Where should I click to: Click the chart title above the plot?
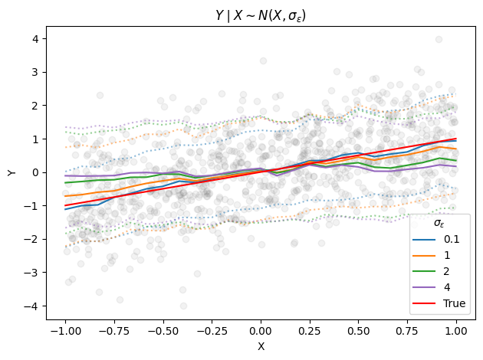pyautogui.click(x=261, y=15)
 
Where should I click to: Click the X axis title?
pyautogui.click(x=261, y=346)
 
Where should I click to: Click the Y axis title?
pyautogui.click(x=11, y=172)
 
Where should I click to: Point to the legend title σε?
pyautogui.click(x=439, y=223)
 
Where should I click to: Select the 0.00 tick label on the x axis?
pyautogui.click(x=261, y=330)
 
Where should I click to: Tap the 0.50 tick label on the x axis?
pyautogui.click(x=359, y=330)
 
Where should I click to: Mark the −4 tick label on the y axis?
pyautogui.click(x=32, y=306)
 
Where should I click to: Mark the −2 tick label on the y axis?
pyautogui.click(x=32, y=239)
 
